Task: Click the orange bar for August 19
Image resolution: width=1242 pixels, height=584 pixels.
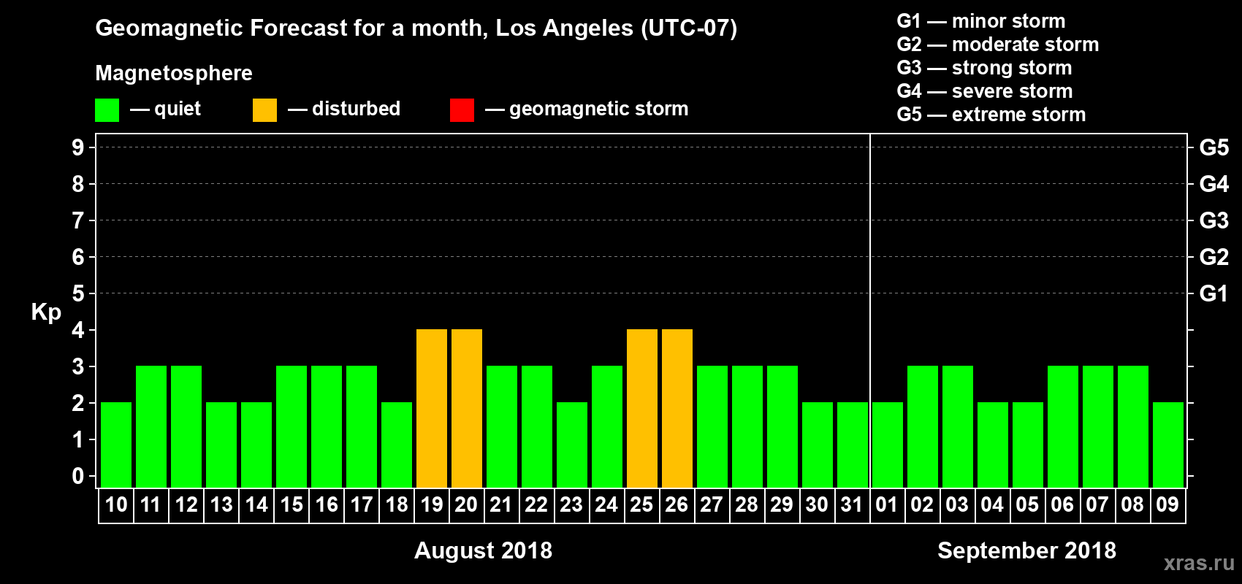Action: (431, 408)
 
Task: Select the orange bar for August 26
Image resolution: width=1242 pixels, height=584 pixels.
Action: (677, 408)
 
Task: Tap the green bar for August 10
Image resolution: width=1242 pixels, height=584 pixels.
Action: (115, 445)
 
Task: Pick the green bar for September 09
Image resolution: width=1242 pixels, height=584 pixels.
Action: (1167, 445)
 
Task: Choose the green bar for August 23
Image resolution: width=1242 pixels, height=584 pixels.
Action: (571, 445)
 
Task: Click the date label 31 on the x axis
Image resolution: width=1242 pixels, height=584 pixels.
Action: (852, 504)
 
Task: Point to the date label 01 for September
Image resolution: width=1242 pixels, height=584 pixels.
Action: (887, 504)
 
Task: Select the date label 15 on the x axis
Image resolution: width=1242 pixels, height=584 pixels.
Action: (291, 504)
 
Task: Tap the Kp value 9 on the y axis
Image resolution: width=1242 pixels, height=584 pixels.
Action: (78, 147)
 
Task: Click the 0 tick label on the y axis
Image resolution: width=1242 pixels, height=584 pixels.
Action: (78, 476)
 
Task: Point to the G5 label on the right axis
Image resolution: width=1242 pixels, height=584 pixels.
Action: (1214, 147)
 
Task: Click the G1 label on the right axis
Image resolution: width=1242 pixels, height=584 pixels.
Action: (1214, 293)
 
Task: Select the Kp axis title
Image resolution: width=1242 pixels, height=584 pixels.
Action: (46, 312)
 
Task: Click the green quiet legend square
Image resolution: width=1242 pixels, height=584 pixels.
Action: (107, 110)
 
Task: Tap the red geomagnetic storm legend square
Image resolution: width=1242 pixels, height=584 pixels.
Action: (462, 110)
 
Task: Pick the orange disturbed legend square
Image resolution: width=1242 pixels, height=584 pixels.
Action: (264, 110)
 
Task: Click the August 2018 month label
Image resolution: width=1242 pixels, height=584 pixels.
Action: (483, 550)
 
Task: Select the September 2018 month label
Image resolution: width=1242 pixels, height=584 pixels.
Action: (1026, 550)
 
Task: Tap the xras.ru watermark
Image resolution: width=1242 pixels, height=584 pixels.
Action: (1199, 563)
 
